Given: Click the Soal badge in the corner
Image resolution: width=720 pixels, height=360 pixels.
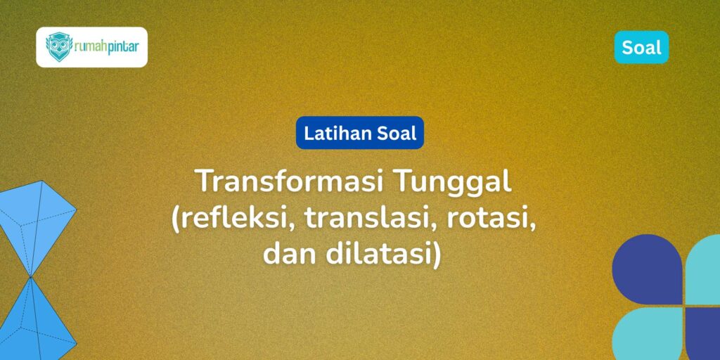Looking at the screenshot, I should [x=641, y=47].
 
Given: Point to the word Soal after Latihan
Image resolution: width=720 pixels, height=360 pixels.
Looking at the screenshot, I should [x=398, y=132].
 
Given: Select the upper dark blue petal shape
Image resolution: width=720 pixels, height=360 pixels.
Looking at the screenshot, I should [x=646, y=271].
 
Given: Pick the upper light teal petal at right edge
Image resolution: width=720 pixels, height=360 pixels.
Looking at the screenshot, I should [x=705, y=271].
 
